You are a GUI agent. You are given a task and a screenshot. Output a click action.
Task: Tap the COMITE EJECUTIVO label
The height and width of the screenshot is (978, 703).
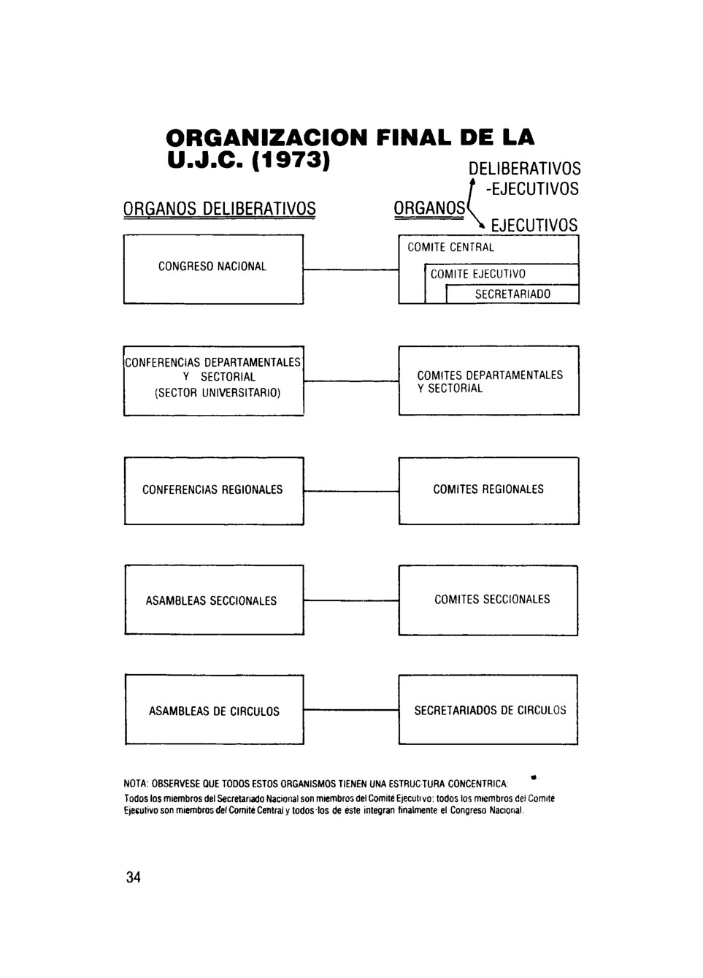coord(478,274)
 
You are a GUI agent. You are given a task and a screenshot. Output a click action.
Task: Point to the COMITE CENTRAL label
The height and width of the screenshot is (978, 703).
coord(450,248)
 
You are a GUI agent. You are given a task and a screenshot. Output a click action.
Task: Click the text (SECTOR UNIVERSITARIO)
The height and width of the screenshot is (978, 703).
coord(218,393)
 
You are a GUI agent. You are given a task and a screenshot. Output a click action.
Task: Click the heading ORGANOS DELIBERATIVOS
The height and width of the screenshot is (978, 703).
coord(220,209)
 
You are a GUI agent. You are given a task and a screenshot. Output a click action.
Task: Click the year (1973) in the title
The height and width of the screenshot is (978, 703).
coord(291,161)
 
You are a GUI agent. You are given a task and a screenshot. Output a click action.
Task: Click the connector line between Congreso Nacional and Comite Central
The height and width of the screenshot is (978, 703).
coord(351,270)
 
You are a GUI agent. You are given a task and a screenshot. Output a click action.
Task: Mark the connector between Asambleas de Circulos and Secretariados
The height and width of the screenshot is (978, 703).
coord(351,709)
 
